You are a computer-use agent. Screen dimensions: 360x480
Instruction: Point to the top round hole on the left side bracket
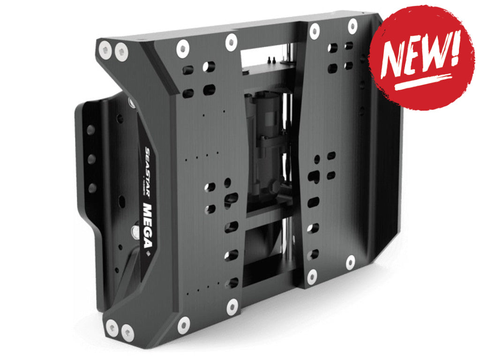91,130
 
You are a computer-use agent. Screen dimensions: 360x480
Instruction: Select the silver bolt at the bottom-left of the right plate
312,277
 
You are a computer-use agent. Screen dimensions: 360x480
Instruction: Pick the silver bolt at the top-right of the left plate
232,42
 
